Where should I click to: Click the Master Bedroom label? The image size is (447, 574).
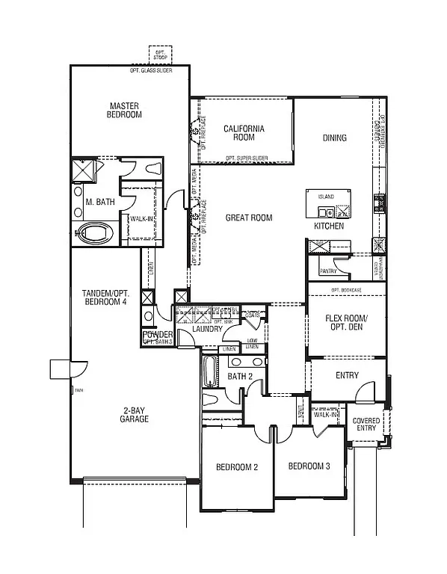pyautogui.click(x=125, y=110)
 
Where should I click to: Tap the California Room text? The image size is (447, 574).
pyautogui.click(x=244, y=133)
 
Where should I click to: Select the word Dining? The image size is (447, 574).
pyautogui.click(x=334, y=138)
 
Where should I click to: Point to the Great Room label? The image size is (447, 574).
pyautogui.click(x=249, y=218)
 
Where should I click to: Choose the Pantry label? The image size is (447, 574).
pyautogui.click(x=328, y=271)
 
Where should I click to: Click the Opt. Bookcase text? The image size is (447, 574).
pyautogui.click(x=346, y=290)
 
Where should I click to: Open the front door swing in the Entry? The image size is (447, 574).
pyautogui.click(x=365, y=392)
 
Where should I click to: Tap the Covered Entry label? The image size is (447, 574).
pyautogui.click(x=367, y=425)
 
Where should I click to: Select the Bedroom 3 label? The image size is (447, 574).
pyautogui.click(x=309, y=466)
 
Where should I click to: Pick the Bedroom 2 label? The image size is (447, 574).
pyautogui.click(x=237, y=467)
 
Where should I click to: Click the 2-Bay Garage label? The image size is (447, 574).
pyautogui.click(x=135, y=414)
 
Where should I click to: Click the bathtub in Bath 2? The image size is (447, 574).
pyautogui.click(x=209, y=371)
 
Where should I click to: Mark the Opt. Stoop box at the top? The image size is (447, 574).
pyautogui.click(x=160, y=55)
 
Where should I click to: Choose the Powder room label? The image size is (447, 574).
pyautogui.click(x=158, y=335)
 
